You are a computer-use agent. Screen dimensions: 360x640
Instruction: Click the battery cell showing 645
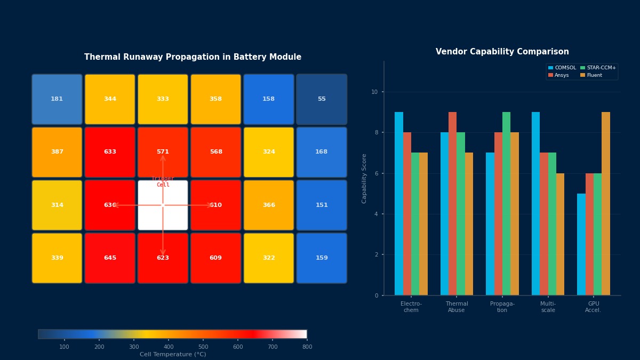point(110,258)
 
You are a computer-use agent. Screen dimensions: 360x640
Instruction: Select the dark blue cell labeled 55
point(322,99)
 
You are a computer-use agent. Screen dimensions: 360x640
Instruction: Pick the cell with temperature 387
point(57,152)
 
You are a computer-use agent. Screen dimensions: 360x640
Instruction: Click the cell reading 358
point(215,99)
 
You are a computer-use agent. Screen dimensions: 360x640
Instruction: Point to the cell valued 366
point(269,205)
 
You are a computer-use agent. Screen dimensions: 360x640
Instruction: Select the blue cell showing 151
point(322,205)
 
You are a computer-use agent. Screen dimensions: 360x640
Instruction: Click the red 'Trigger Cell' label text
point(163,182)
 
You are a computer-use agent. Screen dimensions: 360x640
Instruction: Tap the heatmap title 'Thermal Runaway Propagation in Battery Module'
point(193,57)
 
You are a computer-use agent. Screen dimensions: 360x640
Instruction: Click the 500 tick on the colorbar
point(203,347)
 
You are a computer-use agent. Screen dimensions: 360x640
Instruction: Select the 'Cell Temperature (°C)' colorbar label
point(173,355)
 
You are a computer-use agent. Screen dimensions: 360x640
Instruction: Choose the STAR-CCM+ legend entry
point(598,68)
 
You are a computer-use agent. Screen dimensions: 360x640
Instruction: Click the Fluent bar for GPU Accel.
point(606,204)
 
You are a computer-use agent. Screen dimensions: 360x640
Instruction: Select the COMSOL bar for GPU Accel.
point(581,244)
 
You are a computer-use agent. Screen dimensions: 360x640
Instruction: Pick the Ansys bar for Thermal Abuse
point(453,204)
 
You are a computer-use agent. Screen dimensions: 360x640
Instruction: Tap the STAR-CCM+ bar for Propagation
point(506,204)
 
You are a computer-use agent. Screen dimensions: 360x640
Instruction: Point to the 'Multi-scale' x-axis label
point(548,307)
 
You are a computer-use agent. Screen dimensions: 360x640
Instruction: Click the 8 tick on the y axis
point(375,133)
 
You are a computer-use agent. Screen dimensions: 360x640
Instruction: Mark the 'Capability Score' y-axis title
point(365,178)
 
